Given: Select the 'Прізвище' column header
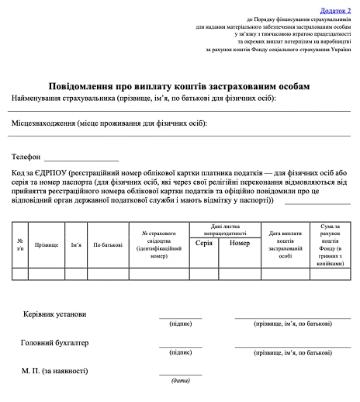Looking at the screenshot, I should (47, 244).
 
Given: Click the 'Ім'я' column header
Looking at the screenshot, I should (76, 244).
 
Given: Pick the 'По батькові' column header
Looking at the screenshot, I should (107, 244).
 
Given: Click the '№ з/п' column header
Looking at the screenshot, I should (20, 244).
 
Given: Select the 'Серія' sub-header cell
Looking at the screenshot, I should (204, 243).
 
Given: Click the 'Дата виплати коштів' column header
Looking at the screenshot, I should (285, 243).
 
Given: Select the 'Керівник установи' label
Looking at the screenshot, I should (54, 314).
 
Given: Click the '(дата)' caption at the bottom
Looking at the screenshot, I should (180, 380).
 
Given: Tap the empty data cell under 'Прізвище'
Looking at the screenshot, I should (47, 273).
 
